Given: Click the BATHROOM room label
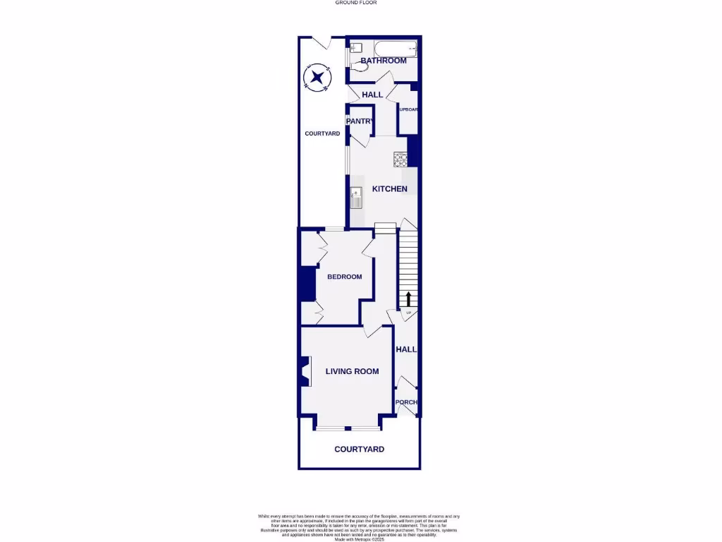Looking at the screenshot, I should [384, 61].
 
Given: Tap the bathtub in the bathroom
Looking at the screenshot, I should [395, 49].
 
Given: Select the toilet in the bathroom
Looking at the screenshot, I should [356, 49].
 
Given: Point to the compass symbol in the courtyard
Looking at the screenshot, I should [318, 77].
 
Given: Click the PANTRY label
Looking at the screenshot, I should [359, 121].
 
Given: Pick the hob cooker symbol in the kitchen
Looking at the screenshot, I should [401, 159].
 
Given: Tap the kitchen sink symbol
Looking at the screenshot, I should [357, 197].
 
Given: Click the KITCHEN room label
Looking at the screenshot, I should [390, 189].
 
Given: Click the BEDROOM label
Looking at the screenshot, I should [345, 277].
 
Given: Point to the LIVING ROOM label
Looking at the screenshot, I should [352, 371].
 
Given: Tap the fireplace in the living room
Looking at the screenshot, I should [305, 371].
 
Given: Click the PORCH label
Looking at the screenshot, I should [406, 402].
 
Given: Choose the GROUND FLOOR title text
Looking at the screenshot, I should [356, 3].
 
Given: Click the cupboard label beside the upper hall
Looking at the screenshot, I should [409, 109].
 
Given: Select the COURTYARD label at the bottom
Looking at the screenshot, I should [359, 449].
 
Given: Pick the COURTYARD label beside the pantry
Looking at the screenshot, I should [322, 133].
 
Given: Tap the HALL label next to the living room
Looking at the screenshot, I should [406, 349].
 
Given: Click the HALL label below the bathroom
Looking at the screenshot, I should [372, 95].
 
